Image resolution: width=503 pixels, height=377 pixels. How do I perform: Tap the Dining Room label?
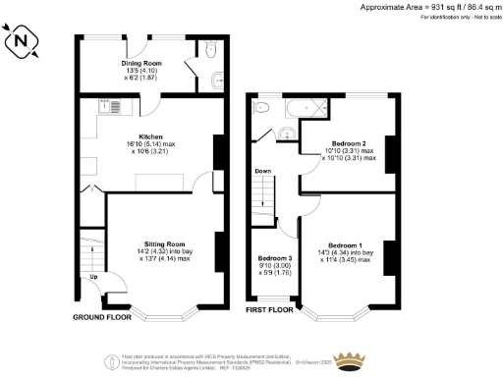tap(141, 64)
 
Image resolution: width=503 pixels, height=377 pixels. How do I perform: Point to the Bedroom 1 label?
tap(345, 244)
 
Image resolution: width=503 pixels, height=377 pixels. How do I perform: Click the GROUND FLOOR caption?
tap(102, 318)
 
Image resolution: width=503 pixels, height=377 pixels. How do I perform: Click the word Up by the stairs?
tap(94, 276)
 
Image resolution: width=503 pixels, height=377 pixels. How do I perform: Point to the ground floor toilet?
tap(215, 55)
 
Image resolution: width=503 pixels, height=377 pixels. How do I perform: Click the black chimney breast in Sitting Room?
tap(217, 244)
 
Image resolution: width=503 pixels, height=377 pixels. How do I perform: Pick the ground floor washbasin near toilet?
tap(215, 81)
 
